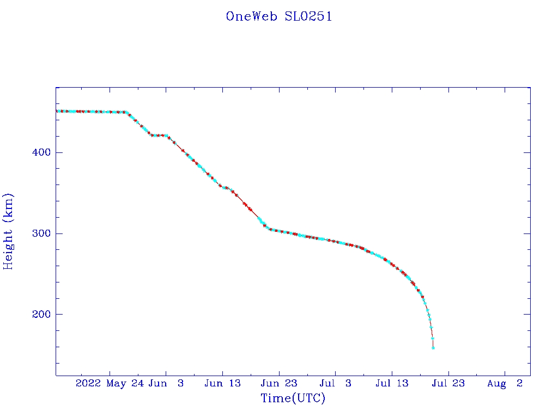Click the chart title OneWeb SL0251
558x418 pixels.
[x=279, y=16]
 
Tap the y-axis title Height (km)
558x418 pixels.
[x=8, y=231]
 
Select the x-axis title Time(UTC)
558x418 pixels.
[x=293, y=398]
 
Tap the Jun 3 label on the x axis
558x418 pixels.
[x=166, y=384]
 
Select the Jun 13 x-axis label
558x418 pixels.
[x=222, y=384]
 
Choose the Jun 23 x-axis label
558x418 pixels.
[x=278, y=384]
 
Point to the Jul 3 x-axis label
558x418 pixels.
[x=335, y=384]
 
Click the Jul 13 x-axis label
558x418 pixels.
[x=391, y=384]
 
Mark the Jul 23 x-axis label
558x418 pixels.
[x=448, y=384]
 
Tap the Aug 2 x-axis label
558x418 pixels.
[x=505, y=384]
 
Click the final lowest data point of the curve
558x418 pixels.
[x=433, y=348]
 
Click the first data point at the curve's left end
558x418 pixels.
[x=57, y=111]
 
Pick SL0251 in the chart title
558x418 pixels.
[x=308, y=16]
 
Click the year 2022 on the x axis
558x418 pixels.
[x=88, y=384]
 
